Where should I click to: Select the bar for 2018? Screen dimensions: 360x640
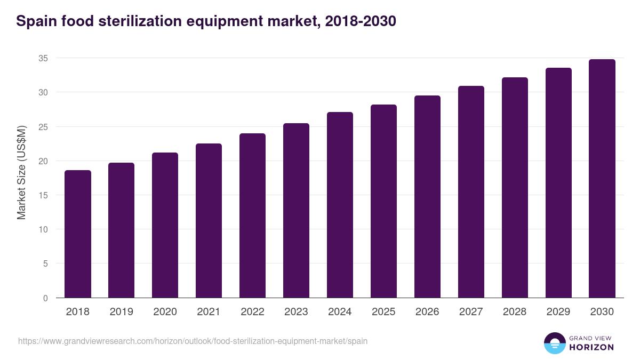(x=78, y=234)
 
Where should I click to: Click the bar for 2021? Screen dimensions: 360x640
(x=209, y=221)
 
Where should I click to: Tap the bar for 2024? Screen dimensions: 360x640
(x=340, y=205)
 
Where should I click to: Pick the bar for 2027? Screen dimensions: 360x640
(x=471, y=192)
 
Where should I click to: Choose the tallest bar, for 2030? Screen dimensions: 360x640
(x=602, y=179)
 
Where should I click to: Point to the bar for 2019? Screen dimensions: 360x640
(x=122, y=230)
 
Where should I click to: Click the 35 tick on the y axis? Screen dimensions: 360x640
(x=43, y=58)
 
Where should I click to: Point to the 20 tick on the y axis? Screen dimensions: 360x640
(x=43, y=161)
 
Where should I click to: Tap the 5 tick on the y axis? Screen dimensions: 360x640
(x=45, y=263)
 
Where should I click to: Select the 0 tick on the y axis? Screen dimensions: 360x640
(x=45, y=298)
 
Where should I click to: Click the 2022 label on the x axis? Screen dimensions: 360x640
(x=252, y=312)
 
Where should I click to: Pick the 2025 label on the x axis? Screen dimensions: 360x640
(x=383, y=312)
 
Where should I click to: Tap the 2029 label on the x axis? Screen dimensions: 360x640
(x=558, y=312)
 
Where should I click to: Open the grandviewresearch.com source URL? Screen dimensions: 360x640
(x=193, y=341)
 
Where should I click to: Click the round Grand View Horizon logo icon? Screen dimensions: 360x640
(x=554, y=343)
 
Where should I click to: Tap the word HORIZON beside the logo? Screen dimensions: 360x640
(x=591, y=347)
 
